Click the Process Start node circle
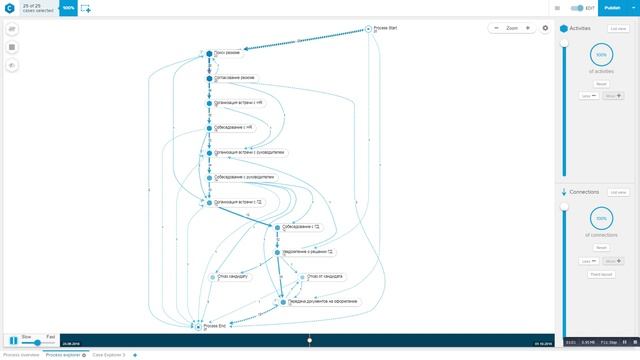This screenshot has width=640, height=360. coord(369,28)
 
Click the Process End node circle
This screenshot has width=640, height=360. coord(199,326)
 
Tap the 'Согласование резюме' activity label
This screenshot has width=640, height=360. coord(234,78)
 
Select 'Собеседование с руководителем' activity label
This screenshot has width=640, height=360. coord(243,178)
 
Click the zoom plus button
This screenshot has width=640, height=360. coord(528,28)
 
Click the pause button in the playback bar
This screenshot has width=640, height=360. coord(12,342)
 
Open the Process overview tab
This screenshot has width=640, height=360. coord(21,355)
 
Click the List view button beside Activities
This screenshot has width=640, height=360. coord(618,29)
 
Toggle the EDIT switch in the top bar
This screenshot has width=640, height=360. coord(575,7)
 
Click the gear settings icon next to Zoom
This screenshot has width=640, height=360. coord(546,28)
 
